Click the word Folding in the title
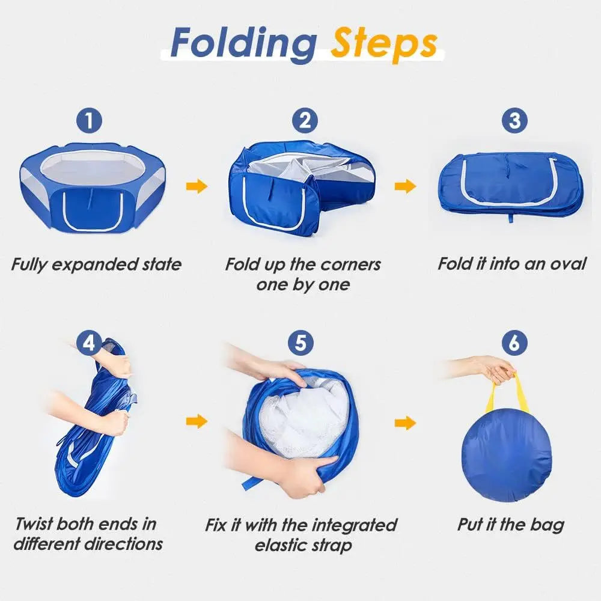(x=243, y=43)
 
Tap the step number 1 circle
(x=89, y=121)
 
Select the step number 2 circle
(x=305, y=121)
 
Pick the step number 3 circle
(x=514, y=121)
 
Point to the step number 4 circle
(x=89, y=343)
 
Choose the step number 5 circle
(x=300, y=343)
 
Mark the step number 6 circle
(x=514, y=343)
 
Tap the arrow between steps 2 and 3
(x=405, y=186)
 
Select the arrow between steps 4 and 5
(x=197, y=421)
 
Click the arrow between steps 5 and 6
(x=405, y=423)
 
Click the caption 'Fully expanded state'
(x=96, y=264)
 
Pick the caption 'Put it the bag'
(x=511, y=524)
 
